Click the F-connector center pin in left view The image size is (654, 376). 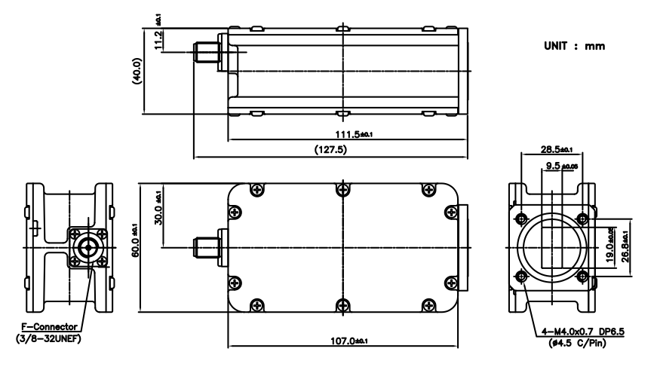click(88, 246)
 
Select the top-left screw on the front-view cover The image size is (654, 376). click(257, 190)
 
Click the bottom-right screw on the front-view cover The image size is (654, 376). click(428, 305)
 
